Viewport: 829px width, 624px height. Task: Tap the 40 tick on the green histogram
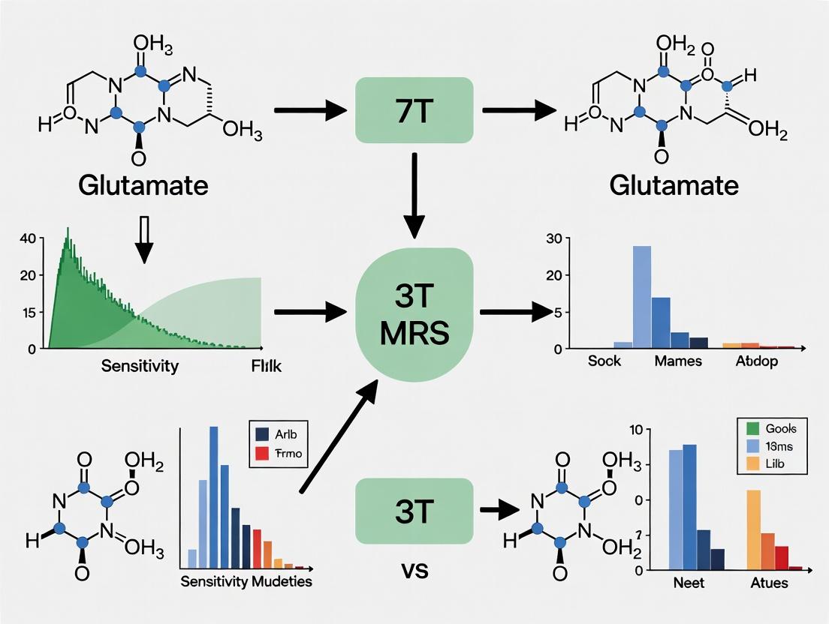tap(28, 238)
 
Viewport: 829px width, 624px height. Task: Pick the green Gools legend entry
tap(774, 429)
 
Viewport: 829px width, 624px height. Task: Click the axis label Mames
tap(678, 361)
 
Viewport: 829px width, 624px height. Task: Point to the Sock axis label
tap(604, 361)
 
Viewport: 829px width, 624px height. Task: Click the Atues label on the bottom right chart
tap(769, 582)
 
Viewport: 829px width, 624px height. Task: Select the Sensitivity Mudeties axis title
tap(246, 581)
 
